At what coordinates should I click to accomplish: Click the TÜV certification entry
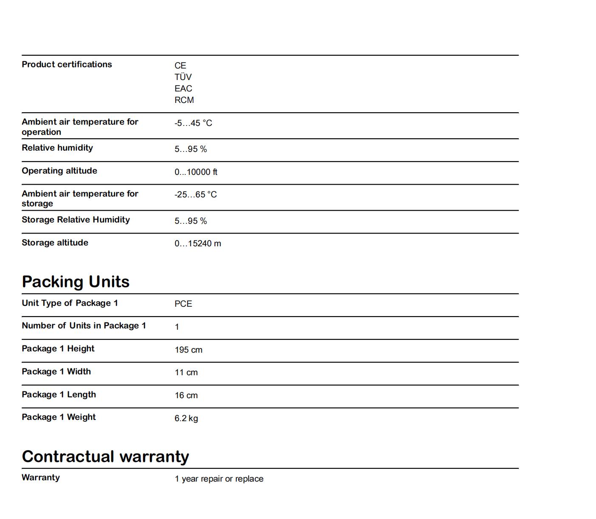(x=183, y=77)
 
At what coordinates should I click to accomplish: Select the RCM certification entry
(x=184, y=100)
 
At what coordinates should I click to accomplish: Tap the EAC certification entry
(x=183, y=88)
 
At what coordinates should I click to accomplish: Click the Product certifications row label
(x=67, y=64)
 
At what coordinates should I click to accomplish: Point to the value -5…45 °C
(x=193, y=123)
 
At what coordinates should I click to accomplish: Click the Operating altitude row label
(x=59, y=171)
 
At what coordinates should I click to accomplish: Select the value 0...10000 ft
(x=196, y=172)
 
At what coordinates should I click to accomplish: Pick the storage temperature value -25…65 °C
(x=195, y=194)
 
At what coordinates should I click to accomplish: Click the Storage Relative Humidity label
(x=76, y=220)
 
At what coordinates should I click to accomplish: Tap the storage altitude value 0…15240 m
(x=198, y=243)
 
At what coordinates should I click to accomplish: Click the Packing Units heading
(x=76, y=282)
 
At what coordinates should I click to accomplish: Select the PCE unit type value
(x=183, y=304)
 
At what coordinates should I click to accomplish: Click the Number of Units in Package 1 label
(x=84, y=325)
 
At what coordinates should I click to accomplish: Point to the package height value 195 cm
(x=188, y=350)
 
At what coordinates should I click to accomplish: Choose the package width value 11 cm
(x=186, y=372)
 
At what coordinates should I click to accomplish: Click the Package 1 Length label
(x=59, y=394)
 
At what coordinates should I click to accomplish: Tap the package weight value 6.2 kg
(x=186, y=418)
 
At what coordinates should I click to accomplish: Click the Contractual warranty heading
(x=105, y=456)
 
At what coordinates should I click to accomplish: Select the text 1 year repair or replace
(x=219, y=479)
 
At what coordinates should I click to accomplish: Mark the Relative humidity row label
(x=57, y=148)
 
